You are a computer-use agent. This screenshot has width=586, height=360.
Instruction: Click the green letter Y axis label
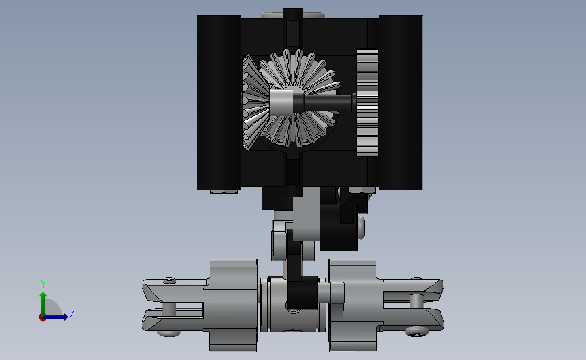pos(43,284)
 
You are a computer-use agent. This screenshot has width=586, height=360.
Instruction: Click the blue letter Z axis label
pos(72,313)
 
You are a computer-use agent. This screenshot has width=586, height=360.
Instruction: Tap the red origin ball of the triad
pos(42,318)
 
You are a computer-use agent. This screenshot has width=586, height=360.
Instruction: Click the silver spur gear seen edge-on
pos(367,103)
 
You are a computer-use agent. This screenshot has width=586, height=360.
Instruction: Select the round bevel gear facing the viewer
pos(299,98)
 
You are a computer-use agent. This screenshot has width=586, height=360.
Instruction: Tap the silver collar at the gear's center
pos(280,103)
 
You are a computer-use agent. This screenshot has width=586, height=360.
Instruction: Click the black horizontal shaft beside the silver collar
pos(323,103)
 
